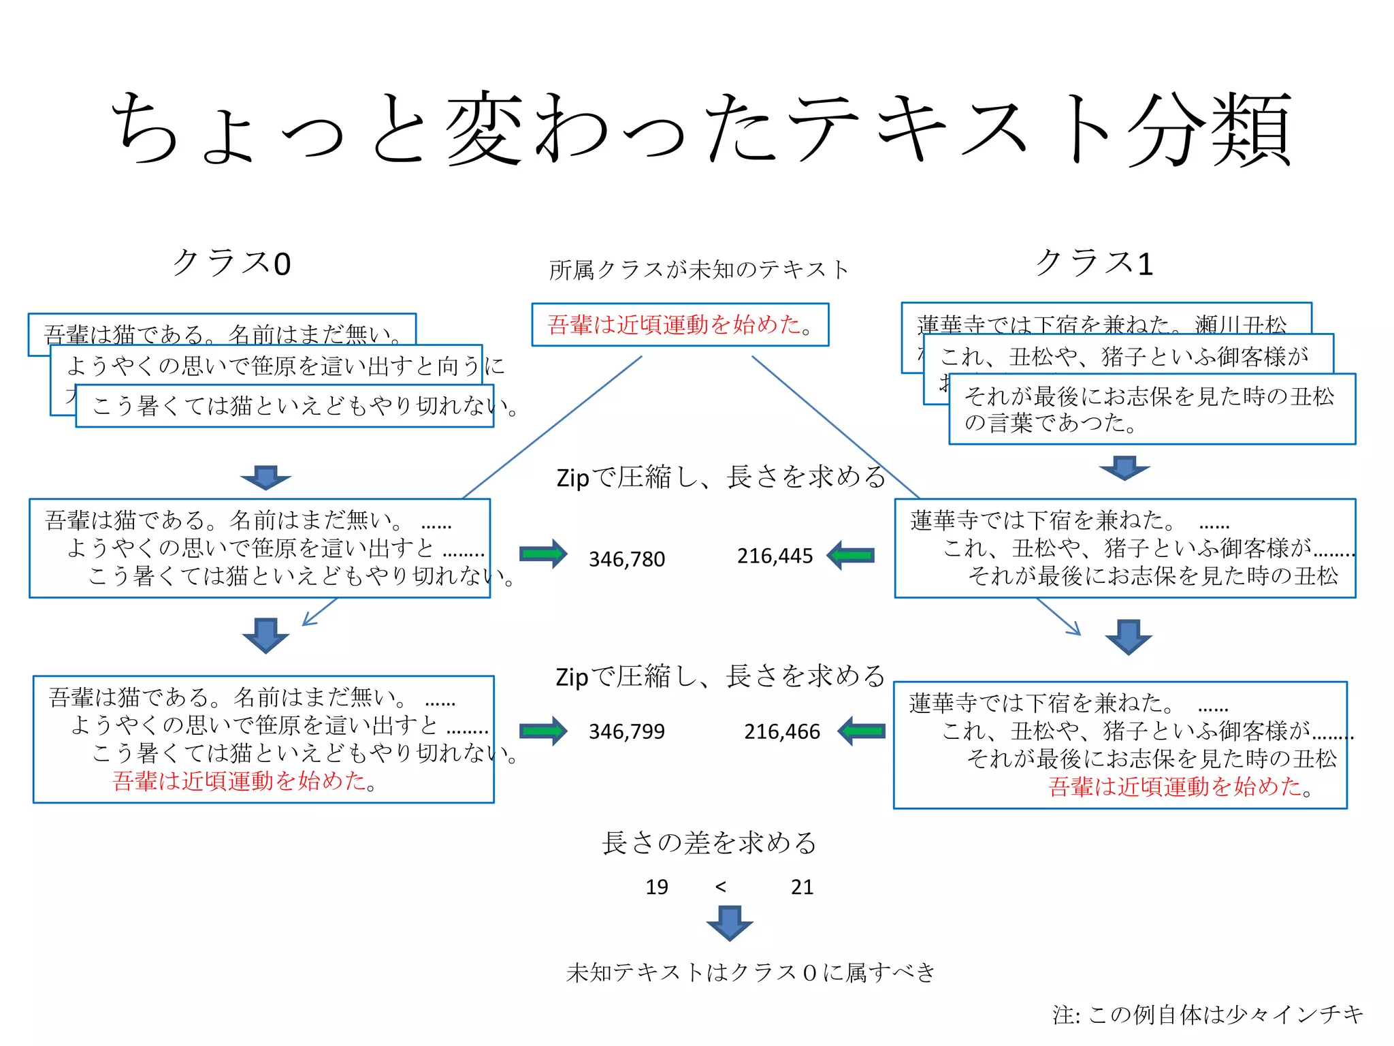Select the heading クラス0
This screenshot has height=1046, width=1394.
point(232,263)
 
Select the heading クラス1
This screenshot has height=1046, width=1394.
point(1094,262)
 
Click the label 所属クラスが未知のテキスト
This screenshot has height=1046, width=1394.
point(699,270)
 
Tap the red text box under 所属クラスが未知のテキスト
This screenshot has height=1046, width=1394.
point(680,325)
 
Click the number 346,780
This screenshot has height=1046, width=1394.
point(626,559)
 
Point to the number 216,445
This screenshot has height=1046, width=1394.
point(775,556)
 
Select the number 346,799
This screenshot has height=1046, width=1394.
point(626,731)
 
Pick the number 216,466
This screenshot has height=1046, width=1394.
point(781,731)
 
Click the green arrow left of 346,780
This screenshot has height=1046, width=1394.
point(543,554)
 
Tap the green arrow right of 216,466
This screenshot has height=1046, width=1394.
point(862,731)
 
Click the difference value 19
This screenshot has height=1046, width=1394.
point(657,887)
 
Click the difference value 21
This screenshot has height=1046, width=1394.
point(802,887)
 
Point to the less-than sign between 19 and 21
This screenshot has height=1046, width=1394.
point(721,887)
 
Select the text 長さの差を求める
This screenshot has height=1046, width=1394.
point(709,843)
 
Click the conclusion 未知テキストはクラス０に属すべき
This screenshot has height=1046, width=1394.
point(751,972)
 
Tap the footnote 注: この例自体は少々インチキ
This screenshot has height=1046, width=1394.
point(1207,1015)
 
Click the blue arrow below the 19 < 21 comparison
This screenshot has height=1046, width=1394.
point(730,923)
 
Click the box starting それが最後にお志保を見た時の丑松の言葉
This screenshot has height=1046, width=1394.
point(1152,409)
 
